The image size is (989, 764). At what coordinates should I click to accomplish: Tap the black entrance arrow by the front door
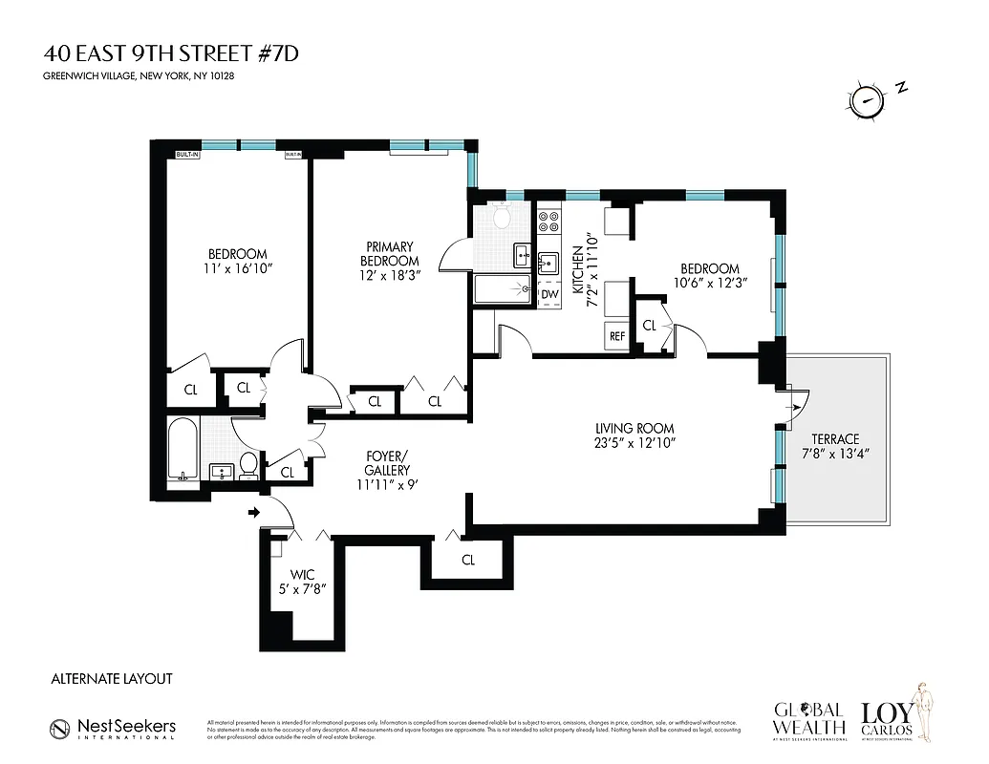(254, 513)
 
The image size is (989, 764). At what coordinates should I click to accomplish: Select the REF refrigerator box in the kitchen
(616, 335)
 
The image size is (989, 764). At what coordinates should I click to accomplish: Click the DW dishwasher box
(548, 294)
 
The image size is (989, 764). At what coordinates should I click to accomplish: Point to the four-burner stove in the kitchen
(548, 223)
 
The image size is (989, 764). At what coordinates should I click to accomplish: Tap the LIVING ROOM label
(634, 429)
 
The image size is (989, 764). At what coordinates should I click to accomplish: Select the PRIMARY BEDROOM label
(389, 254)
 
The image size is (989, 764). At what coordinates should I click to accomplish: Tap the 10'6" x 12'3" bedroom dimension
(709, 284)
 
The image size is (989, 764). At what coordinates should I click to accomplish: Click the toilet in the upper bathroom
(501, 219)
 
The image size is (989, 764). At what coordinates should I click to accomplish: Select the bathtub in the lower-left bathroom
(182, 452)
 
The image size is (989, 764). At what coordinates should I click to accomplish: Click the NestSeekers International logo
(113, 728)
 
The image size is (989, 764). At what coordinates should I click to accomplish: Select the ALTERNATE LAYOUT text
(111, 678)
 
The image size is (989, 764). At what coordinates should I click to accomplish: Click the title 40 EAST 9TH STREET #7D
(170, 53)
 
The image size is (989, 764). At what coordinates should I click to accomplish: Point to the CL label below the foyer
(467, 561)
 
